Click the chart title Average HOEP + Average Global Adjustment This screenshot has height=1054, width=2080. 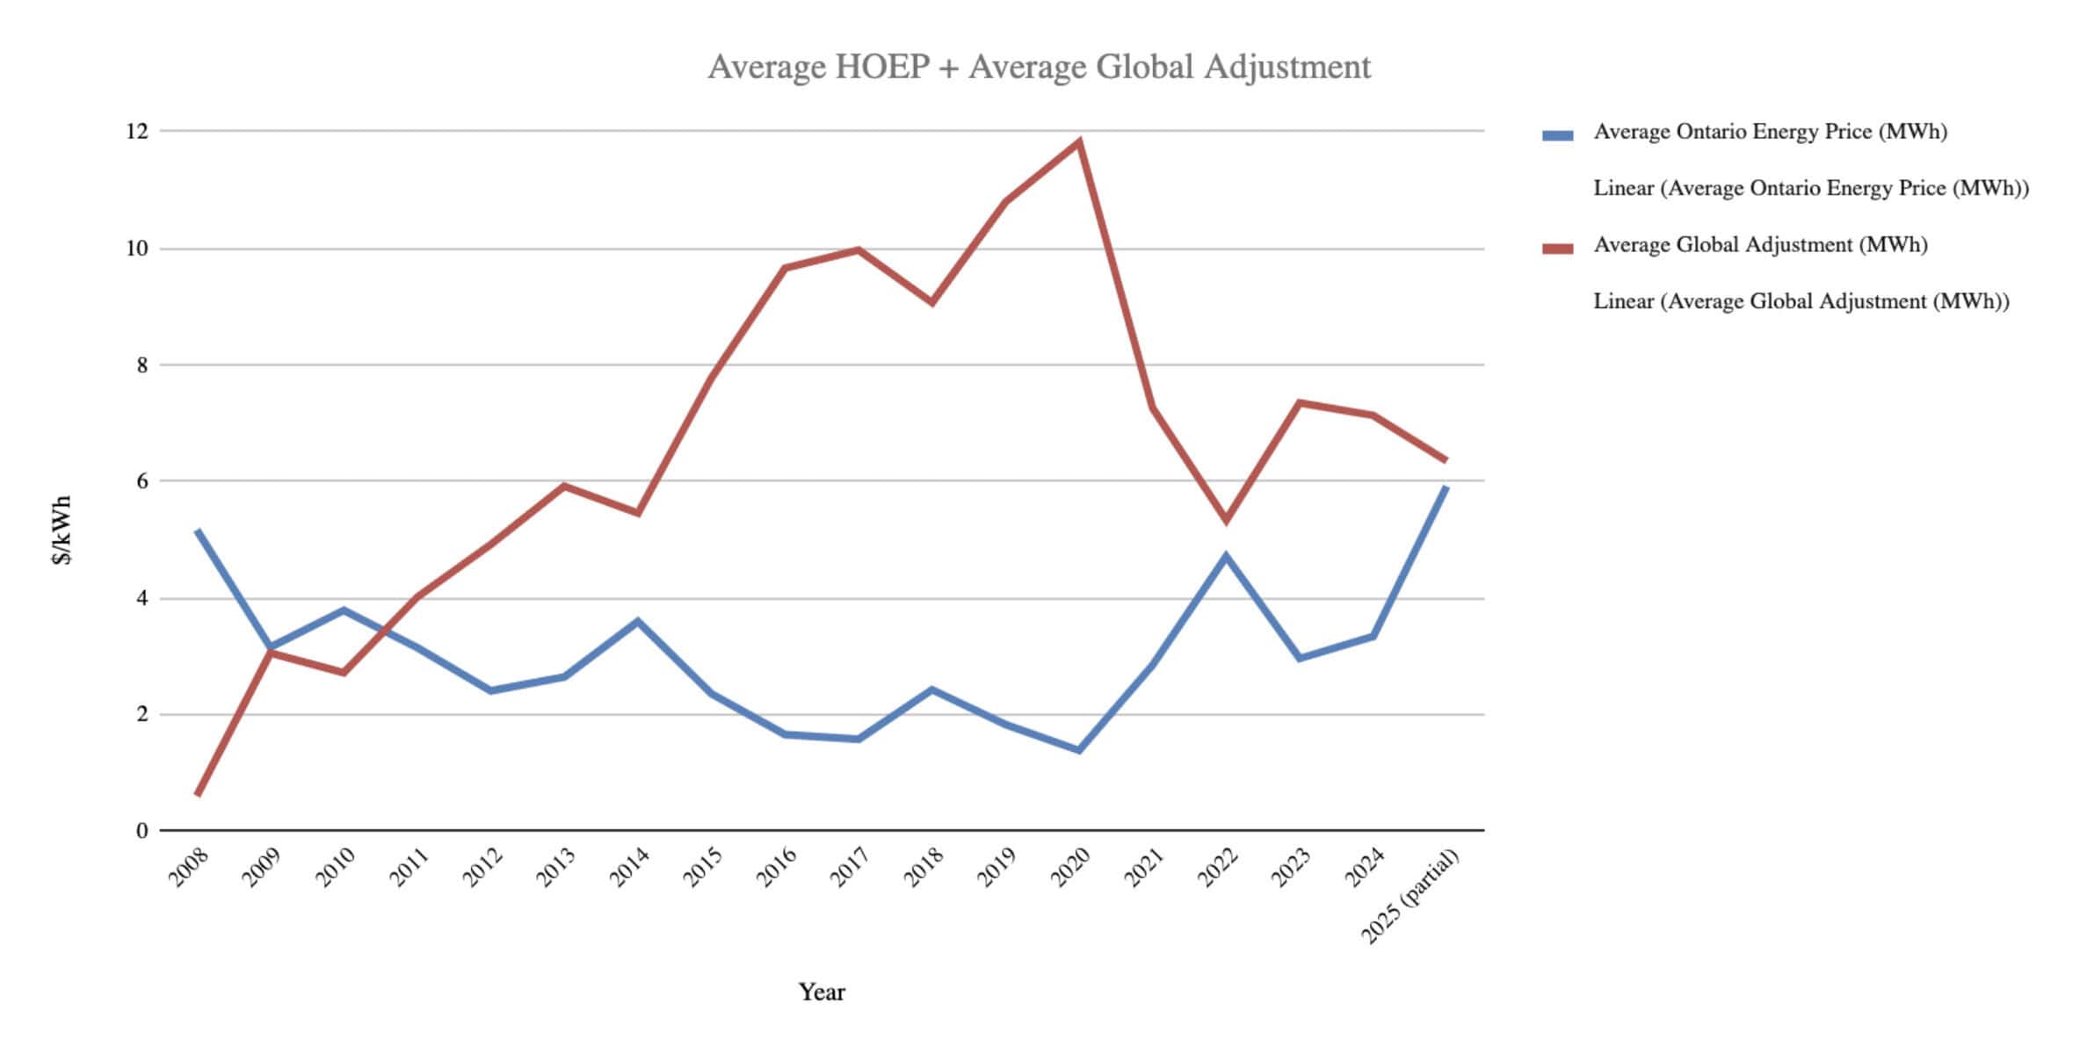click(x=1039, y=67)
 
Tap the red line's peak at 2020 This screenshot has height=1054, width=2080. click(x=1079, y=142)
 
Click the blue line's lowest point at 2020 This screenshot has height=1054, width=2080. click(x=1079, y=750)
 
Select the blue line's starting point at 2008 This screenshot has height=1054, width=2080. click(x=198, y=531)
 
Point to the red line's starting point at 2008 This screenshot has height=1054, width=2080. click(x=198, y=794)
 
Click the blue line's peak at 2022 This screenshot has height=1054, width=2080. click(x=1226, y=555)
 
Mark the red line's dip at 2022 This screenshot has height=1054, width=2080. click(x=1226, y=520)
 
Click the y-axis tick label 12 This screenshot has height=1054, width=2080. click(x=137, y=132)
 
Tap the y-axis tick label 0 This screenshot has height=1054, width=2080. click(x=142, y=831)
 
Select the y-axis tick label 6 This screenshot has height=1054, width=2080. click(x=142, y=481)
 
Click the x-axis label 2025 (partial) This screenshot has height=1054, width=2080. click(x=1410, y=896)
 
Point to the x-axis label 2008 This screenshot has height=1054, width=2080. click(x=189, y=867)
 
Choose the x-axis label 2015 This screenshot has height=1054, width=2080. click(x=703, y=867)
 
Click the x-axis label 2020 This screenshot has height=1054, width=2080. click(x=1070, y=867)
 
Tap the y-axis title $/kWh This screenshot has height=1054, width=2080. click(x=62, y=531)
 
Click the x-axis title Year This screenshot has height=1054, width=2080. click(x=822, y=993)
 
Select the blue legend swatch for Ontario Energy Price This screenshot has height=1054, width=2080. click(x=1557, y=135)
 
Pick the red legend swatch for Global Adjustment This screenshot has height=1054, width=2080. click(x=1557, y=249)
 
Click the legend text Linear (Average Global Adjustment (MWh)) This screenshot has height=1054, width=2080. click(x=1801, y=301)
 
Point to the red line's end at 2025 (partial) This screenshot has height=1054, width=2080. click(x=1446, y=460)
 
